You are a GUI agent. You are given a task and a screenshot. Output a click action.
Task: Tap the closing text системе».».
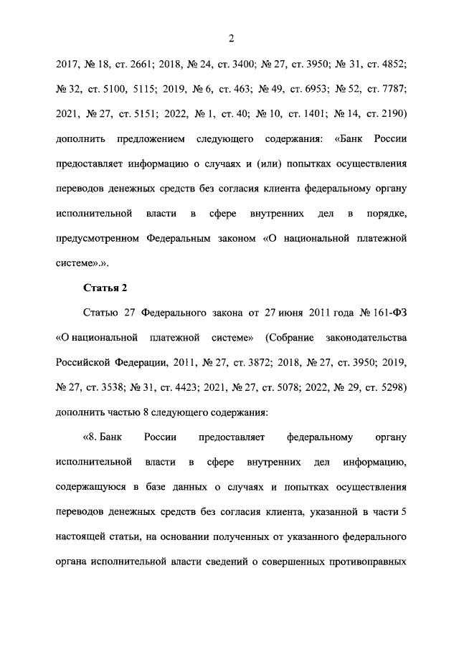[82, 263]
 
